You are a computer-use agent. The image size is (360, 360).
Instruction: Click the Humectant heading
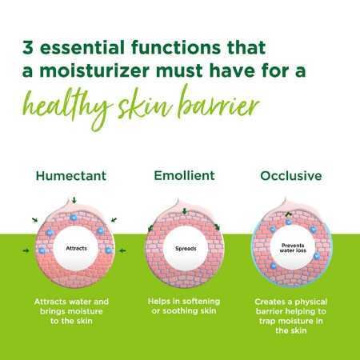point(71,174)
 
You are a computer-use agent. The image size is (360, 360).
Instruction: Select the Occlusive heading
point(291,174)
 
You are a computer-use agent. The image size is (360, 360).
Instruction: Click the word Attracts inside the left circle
point(78,248)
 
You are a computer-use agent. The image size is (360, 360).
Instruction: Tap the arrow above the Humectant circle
point(74,199)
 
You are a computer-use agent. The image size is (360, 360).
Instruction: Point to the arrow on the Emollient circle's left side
point(150,229)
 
